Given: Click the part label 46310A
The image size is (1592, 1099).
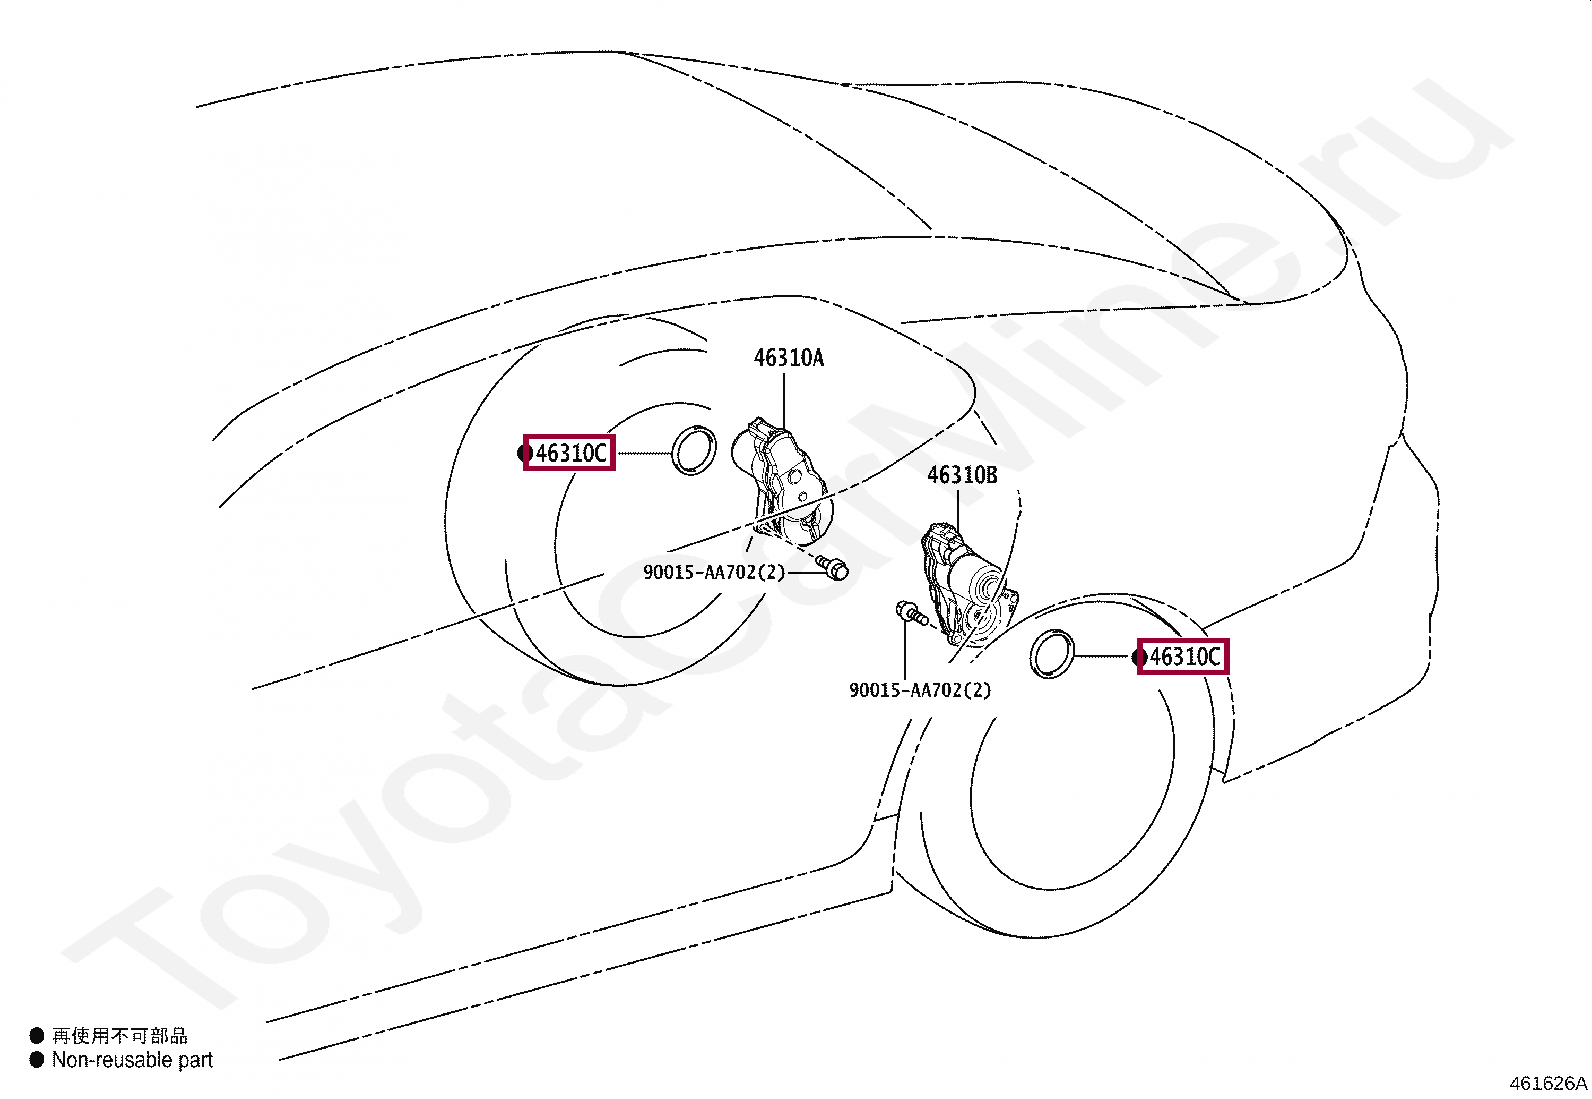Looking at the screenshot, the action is click(788, 358).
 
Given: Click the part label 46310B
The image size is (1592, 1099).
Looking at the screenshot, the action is click(962, 475).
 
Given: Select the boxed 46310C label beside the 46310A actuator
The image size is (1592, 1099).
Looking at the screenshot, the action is click(570, 454).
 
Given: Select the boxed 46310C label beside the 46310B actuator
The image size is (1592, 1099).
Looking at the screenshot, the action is click(1184, 657).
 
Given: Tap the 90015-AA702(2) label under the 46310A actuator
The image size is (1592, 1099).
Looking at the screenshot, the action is click(714, 573).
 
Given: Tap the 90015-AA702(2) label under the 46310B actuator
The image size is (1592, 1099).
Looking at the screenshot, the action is click(920, 690).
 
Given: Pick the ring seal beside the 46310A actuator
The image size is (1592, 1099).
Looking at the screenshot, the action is click(694, 450).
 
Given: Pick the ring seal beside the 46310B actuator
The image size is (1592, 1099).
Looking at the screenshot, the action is click(1052, 654).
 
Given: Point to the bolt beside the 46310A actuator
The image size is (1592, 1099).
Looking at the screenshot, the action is click(833, 567).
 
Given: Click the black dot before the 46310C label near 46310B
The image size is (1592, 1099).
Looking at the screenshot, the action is click(1138, 657).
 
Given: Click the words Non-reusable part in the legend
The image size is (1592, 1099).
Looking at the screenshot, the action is click(132, 1060).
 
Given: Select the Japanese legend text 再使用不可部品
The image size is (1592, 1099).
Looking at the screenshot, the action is click(120, 1036).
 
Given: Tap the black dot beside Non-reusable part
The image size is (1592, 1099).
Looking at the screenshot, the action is click(37, 1060).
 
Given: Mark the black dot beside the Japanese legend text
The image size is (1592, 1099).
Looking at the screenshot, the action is click(37, 1036).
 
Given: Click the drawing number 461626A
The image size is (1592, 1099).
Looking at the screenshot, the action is click(1548, 1083).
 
